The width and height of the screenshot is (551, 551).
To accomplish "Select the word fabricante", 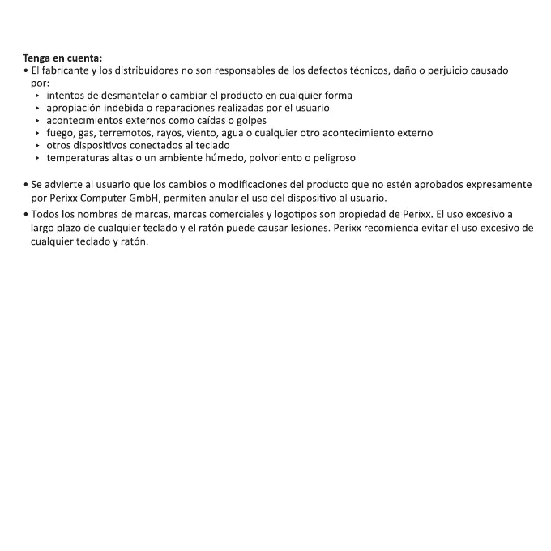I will coord(67,70).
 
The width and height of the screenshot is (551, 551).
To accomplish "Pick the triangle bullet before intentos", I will coord(38,96).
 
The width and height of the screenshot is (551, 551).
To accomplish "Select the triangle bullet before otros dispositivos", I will coord(38,146).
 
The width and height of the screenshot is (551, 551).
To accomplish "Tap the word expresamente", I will coord(498,185).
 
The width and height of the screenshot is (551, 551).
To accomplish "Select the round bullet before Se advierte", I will coord(26,185).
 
